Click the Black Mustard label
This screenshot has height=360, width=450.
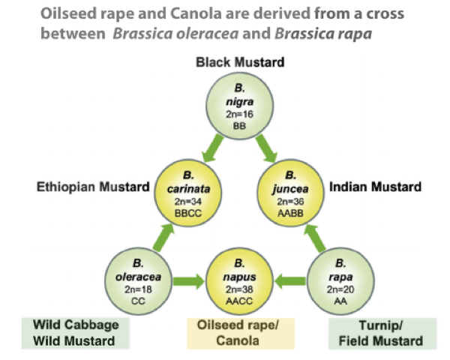click(x=239, y=62)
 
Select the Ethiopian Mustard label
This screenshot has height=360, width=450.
click(x=93, y=187)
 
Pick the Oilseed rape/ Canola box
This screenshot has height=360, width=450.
click(x=238, y=333)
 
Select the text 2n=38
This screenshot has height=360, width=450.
click(x=238, y=289)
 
